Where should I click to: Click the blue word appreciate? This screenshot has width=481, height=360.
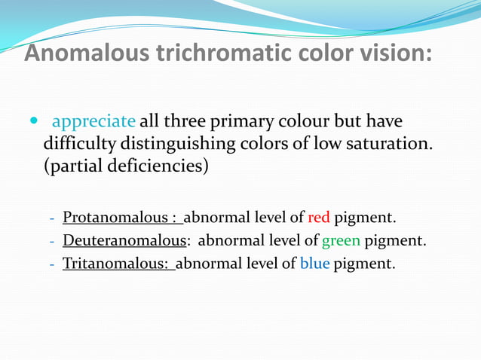[x=93, y=121]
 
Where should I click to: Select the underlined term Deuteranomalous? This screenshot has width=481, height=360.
[x=124, y=242]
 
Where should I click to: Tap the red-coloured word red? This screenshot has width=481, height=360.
[x=319, y=218]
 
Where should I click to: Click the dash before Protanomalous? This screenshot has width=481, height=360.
[x=52, y=220]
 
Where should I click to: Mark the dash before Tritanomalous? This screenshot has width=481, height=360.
[x=52, y=266]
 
